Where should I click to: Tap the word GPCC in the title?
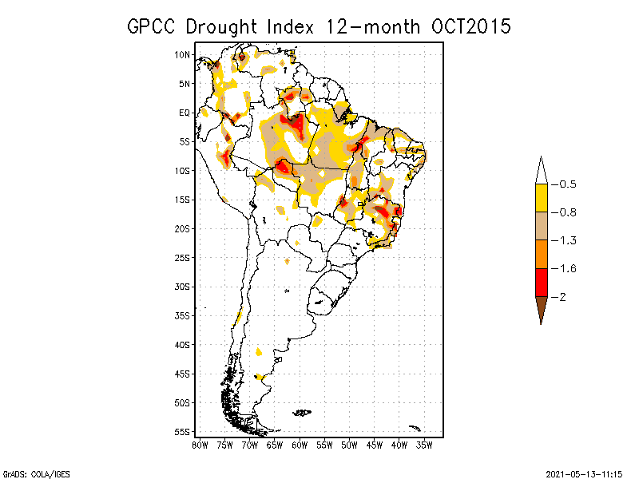pos(153,26)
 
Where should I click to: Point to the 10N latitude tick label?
pos(182,55)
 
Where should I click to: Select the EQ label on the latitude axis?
pos(185,113)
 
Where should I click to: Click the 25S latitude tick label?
pos(182,257)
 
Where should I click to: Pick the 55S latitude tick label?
pos(182,431)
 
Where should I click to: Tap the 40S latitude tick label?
pos(182,344)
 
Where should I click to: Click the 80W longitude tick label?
pos(200,444)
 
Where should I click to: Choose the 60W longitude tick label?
pos(300,444)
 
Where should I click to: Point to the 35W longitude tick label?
pos(425,444)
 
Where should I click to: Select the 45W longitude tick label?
pos(375,444)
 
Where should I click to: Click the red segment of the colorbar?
pos(541,282)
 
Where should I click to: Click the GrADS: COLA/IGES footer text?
pos(30,473)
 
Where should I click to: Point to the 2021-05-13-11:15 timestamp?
pos(584,473)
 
